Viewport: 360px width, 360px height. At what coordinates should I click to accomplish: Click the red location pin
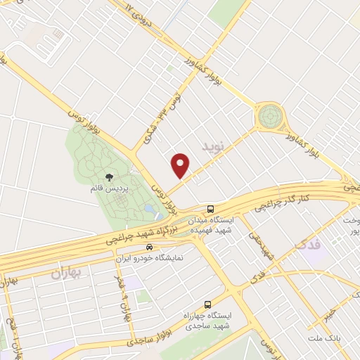point(181,165)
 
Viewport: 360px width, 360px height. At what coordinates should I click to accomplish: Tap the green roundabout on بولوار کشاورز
point(269,116)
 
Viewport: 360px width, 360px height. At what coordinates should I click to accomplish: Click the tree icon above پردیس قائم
point(109,179)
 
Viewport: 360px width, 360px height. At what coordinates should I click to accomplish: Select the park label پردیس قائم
point(109,190)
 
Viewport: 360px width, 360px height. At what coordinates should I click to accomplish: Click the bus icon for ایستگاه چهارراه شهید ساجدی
point(207,304)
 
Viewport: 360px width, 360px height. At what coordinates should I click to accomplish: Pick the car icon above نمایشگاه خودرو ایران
point(149,247)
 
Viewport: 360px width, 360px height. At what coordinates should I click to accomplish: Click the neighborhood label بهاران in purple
point(67,272)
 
